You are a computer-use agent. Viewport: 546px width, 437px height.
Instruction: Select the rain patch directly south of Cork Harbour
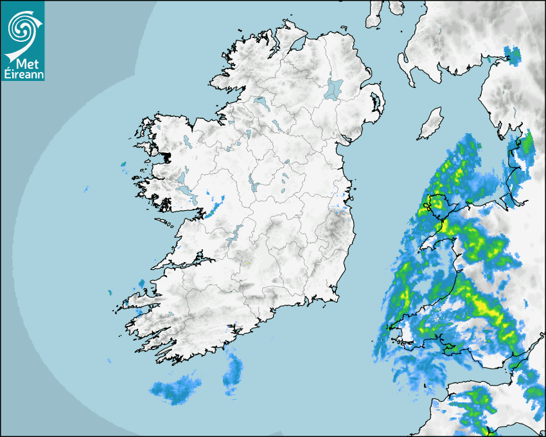[x=233, y=375]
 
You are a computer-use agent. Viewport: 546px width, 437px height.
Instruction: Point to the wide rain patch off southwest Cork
[x=175, y=389]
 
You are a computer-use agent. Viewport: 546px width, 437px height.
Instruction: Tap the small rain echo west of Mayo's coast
[x=123, y=165]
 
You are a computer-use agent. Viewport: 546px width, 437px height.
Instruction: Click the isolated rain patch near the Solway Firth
[x=512, y=55]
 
